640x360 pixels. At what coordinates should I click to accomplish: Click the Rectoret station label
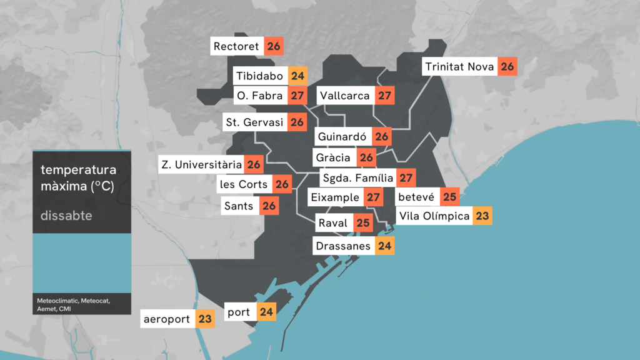click(236, 47)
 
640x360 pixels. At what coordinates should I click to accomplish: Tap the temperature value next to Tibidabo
click(297, 76)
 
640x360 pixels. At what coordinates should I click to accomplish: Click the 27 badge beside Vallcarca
click(385, 96)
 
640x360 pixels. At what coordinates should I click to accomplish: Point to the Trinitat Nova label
click(459, 67)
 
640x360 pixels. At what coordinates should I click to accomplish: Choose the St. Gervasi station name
click(254, 122)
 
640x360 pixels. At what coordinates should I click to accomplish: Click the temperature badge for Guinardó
click(382, 136)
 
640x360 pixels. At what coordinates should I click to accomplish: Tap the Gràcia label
click(334, 157)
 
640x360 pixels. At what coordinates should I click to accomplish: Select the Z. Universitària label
click(201, 165)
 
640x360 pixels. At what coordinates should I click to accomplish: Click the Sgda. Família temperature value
click(406, 178)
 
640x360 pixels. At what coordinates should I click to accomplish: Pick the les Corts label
click(244, 184)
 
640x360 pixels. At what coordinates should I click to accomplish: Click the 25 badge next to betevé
click(449, 197)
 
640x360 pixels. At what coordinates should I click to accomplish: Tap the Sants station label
click(239, 206)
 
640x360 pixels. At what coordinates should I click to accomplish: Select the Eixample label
click(335, 197)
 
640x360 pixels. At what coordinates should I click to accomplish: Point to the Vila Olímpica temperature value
click(482, 216)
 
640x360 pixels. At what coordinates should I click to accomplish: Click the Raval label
click(332, 223)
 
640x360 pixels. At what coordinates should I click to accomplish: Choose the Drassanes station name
click(343, 246)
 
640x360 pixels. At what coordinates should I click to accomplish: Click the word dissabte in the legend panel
click(66, 216)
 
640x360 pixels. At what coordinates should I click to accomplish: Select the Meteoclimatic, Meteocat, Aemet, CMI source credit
click(74, 304)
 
